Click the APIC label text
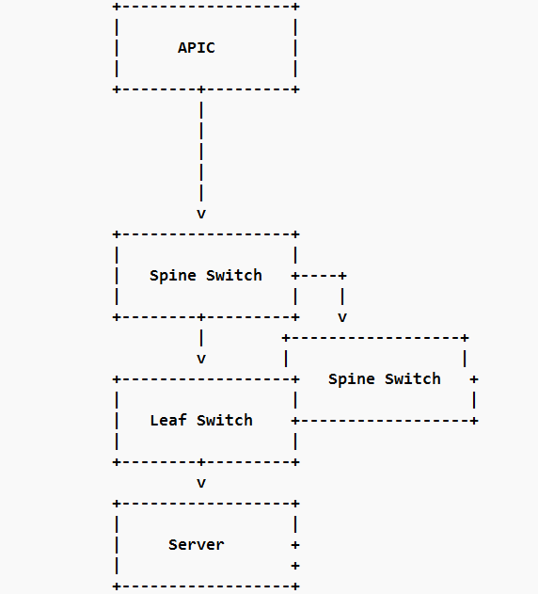click(x=197, y=47)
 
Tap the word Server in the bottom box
click(x=197, y=544)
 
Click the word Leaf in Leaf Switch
click(x=168, y=420)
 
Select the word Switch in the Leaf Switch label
click(x=225, y=420)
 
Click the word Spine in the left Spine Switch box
click(x=173, y=275)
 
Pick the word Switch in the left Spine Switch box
click(x=234, y=275)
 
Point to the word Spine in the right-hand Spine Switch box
click(x=352, y=378)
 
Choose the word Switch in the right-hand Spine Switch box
click(x=413, y=378)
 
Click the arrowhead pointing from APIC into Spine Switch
click(x=201, y=214)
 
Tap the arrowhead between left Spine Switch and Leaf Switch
click(x=201, y=359)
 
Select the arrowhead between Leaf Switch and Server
click(x=201, y=483)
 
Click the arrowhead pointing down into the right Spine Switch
click(x=342, y=317)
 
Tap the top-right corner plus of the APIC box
click(x=295, y=7)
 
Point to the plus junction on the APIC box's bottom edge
click(x=201, y=89)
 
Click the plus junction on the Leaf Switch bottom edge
click(x=201, y=462)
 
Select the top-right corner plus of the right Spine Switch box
click(x=465, y=337)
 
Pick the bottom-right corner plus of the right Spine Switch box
click(x=474, y=420)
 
